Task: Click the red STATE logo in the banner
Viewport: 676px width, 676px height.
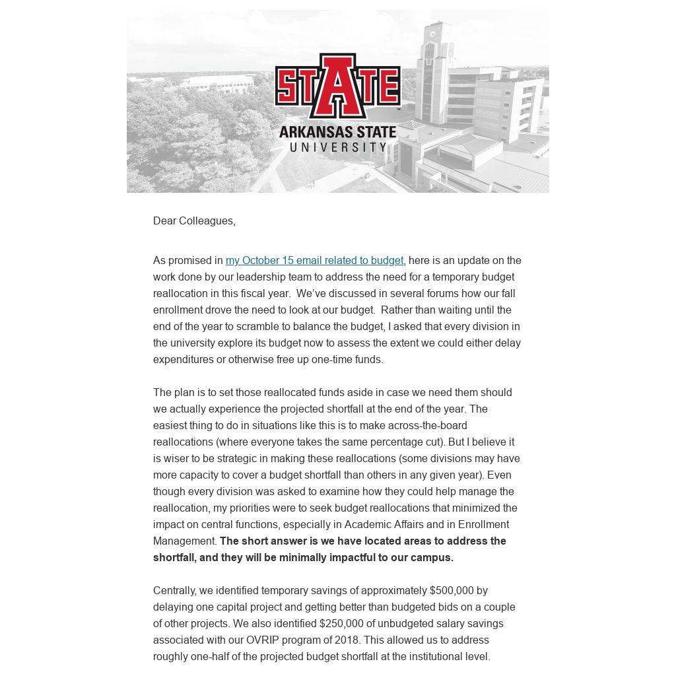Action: [x=337, y=86]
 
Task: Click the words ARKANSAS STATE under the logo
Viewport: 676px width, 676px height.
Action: [x=337, y=132]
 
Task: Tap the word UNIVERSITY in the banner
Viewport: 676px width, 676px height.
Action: [x=337, y=147]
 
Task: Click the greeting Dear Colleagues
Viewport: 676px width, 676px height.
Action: [x=194, y=220]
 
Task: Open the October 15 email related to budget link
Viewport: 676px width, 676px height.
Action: [x=314, y=260]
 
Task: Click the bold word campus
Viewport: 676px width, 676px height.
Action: [x=432, y=557]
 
